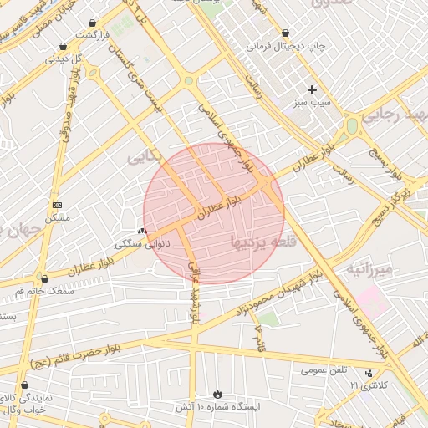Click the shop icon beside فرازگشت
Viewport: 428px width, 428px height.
click(x=92, y=23)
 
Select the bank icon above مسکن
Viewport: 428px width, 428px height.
click(x=57, y=205)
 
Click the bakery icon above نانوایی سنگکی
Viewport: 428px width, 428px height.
click(x=141, y=231)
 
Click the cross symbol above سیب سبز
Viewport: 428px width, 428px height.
click(x=313, y=89)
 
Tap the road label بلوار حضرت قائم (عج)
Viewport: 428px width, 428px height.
click(x=62, y=360)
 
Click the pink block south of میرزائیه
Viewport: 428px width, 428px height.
click(x=373, y=301)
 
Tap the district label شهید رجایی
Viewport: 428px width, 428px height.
click(x=397, y=113)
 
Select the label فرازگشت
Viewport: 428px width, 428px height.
click(x=93, y=36)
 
